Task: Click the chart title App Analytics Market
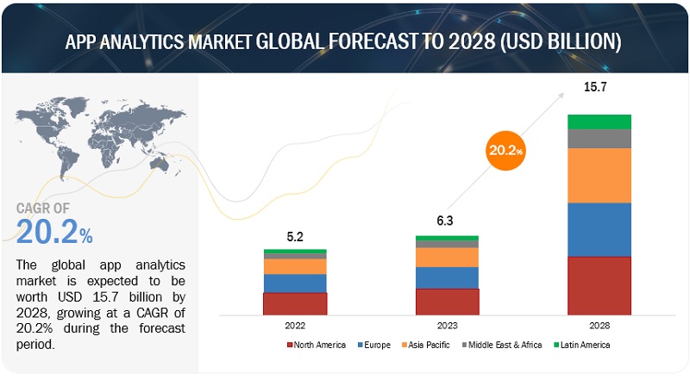pyautogui.click(x=345, y=40)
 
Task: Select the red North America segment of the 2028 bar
pyautogui.click(x=599, y=285)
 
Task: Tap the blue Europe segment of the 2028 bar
pyautogui.click(x=599, y=229)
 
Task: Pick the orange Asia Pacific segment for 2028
pyautogui.click(x=599, y=175)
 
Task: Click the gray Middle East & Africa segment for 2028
pyautogui.click(x=599, y=139)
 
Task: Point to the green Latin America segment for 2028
pyautogui.click(x=599, y=121)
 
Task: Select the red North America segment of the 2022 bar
pyautogui.click(x=295, y=303)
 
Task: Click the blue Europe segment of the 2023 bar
pyautogui.click(x=447, y=277)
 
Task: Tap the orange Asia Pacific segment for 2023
pyautogui.click(x=447, y=257)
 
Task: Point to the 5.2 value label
pyautogui.click(x=295, y=234)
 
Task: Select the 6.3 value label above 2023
pyautogui.click(x=447, y=221)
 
